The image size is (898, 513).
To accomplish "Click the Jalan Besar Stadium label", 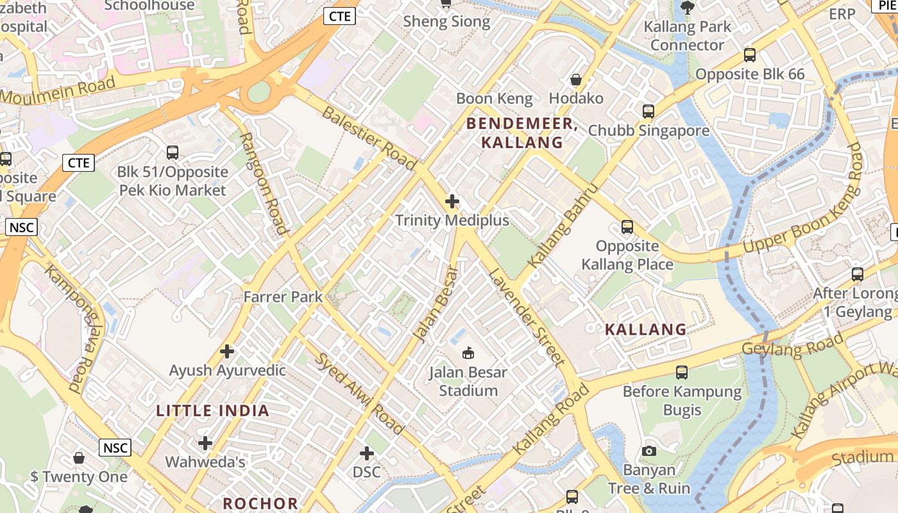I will point(468,381).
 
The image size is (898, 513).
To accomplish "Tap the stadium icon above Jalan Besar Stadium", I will point(468,353).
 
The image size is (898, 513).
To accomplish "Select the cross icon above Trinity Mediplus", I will point(452,201).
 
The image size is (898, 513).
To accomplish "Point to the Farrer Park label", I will point(283,296).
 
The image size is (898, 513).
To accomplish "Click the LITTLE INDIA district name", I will point(212,410).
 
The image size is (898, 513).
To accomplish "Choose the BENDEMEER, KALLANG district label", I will point(521,133).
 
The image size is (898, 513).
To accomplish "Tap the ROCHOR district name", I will point(260,503).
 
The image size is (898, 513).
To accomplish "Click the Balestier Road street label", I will point(369,138).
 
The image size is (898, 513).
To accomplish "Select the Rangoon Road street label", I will point(263,183).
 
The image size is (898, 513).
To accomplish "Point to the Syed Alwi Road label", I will point(359,393).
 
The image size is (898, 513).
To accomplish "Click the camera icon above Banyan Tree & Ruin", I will point(649,451).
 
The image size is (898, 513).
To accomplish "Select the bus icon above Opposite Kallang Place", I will point(627,227).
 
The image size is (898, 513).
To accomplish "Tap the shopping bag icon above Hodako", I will point(575,80).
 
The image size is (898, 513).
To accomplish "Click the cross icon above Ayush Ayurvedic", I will point(226,351).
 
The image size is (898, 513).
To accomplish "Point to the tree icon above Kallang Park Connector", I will point(687,8).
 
